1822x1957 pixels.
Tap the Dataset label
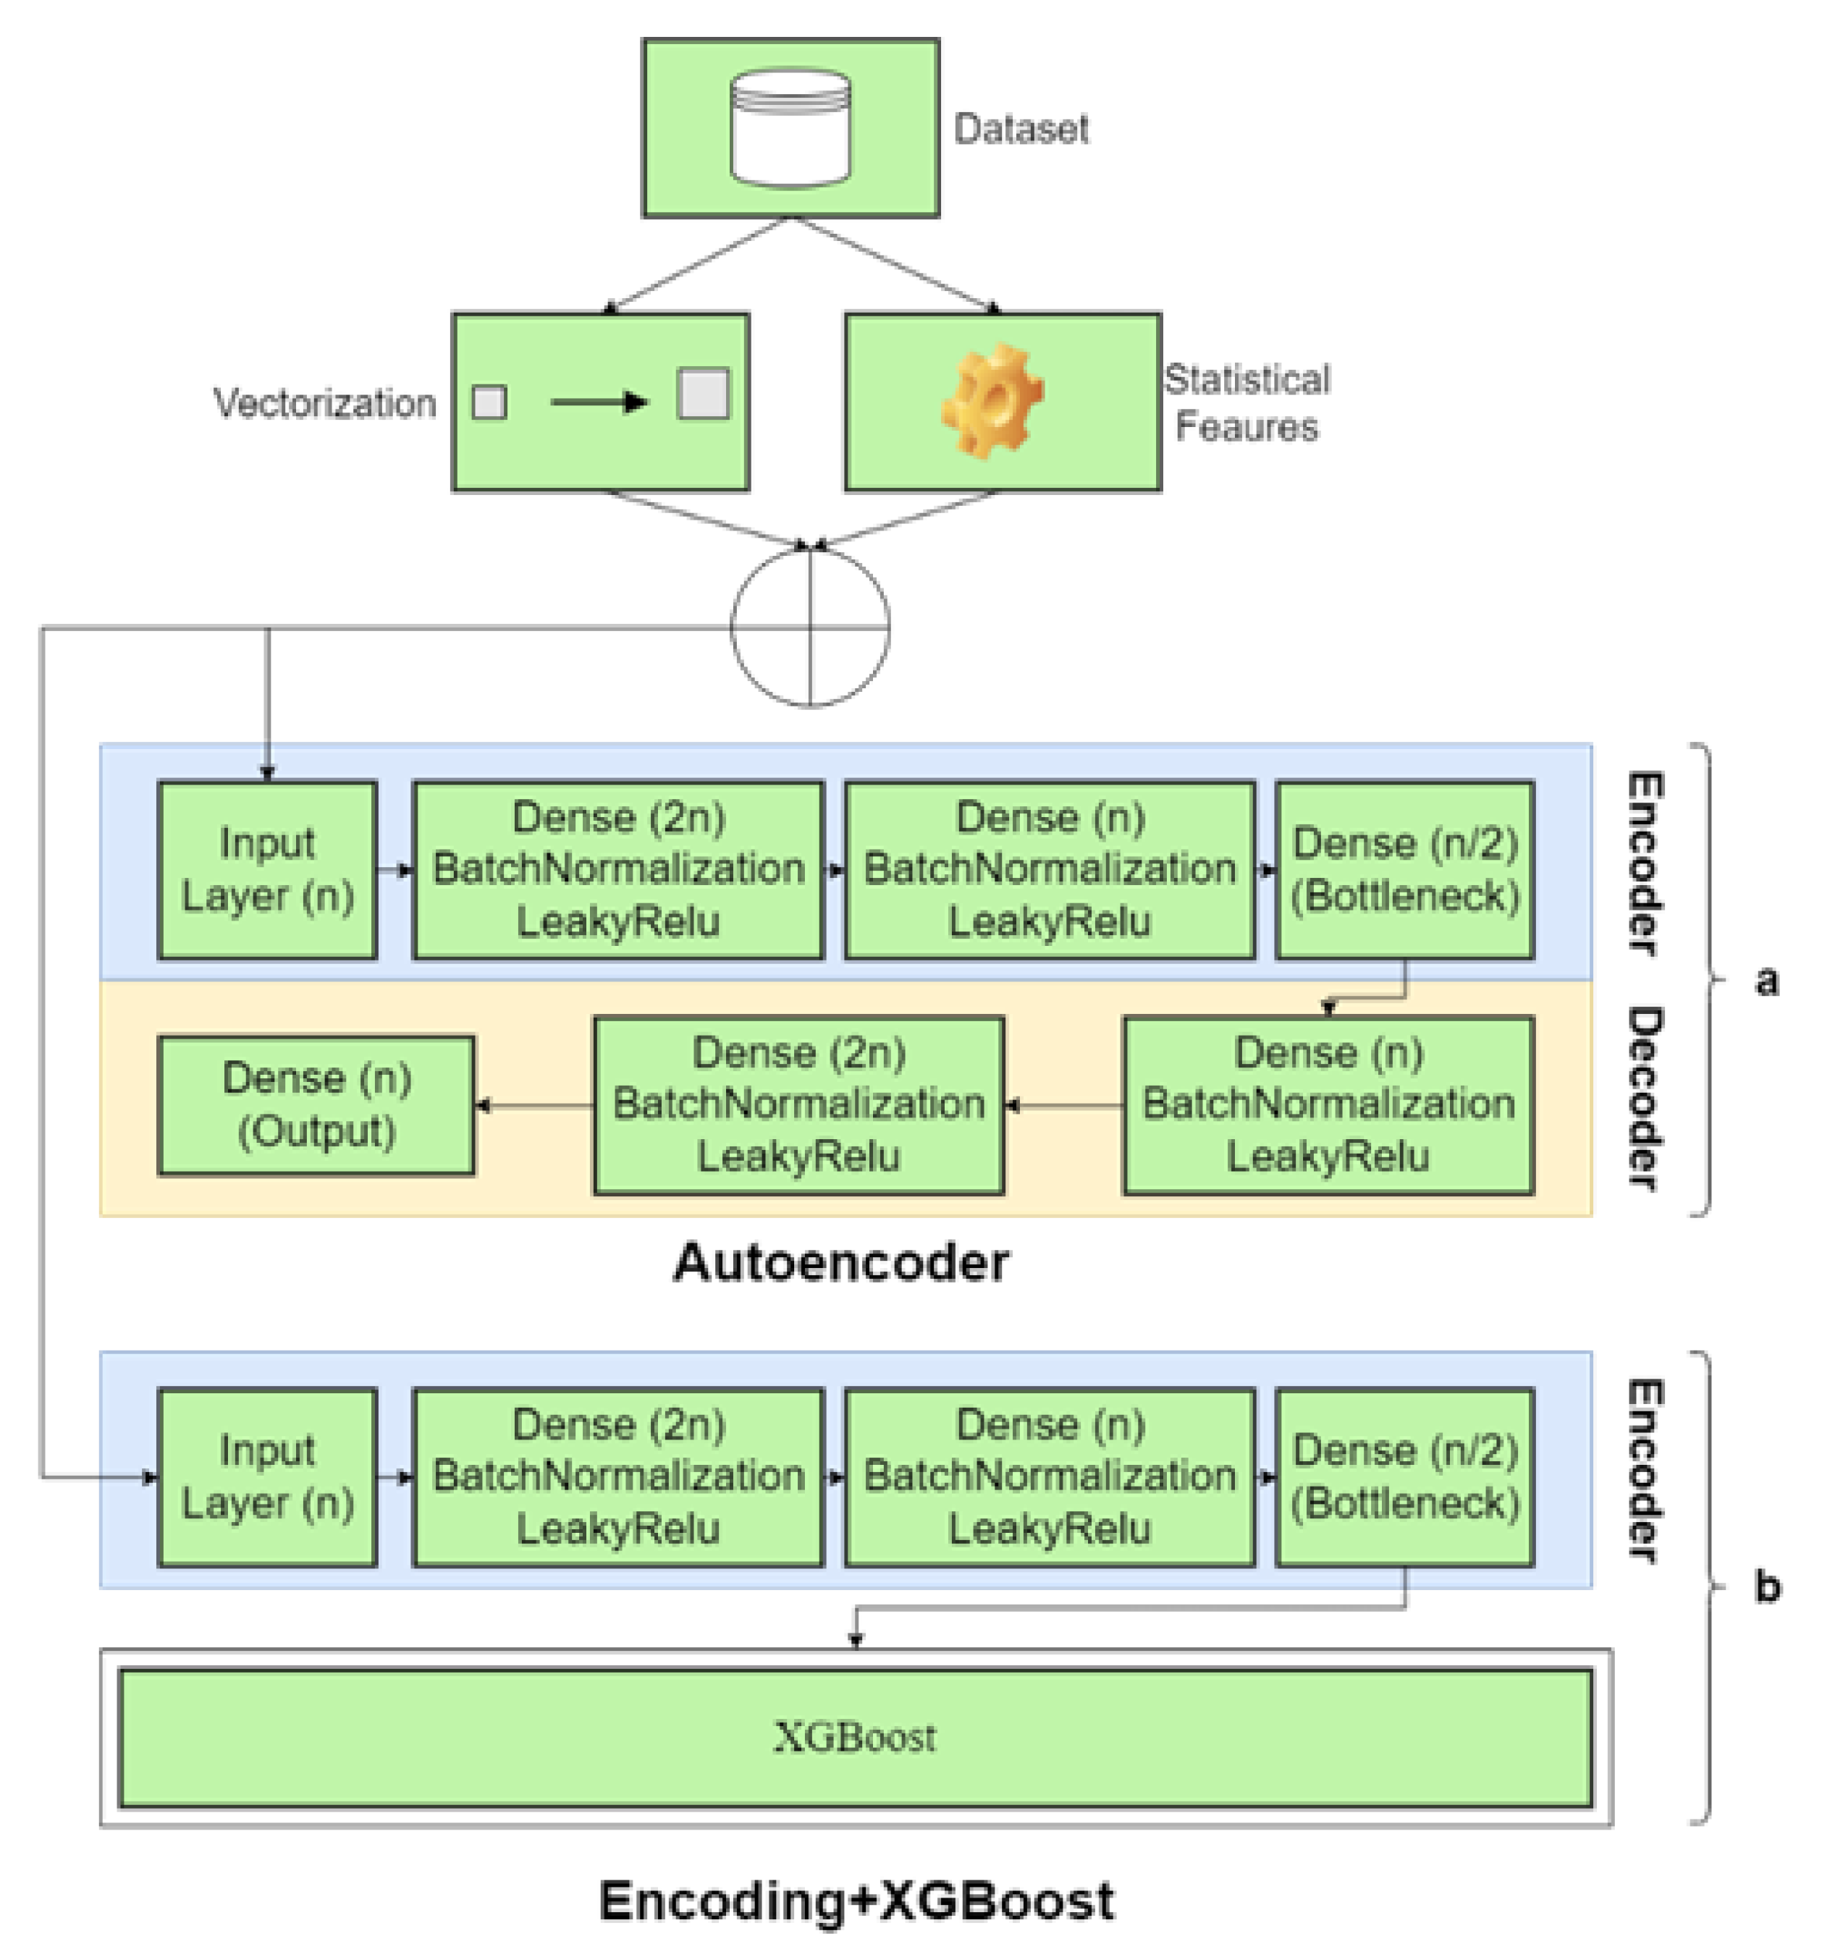(x=1020, y=129)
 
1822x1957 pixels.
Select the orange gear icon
(x=991, y=401)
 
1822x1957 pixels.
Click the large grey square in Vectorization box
(x=703, y=394)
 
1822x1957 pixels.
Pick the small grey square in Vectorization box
(x=489, y=402)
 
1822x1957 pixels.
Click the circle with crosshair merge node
(x=809, y=626)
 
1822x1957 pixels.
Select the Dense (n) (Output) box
(x=316, y=1104)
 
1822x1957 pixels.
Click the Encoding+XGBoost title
(x=856, y=1899)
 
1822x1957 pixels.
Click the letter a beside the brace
(x=1766, y=981)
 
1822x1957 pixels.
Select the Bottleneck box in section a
(x=1404, y=869)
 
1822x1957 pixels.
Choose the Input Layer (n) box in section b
(x=267, y=1476)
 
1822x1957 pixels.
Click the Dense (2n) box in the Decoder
(x=798, y=1104)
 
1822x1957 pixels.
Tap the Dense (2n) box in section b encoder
(x=617, y=1476)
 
